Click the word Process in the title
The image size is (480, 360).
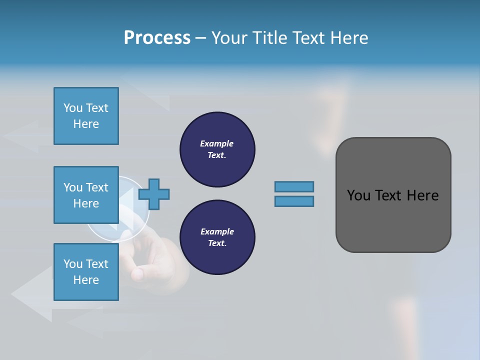point(157,38)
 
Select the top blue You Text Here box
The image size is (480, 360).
point(86,116)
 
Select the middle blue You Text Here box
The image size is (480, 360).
point(86,195)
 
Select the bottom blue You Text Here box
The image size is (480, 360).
point(86,272)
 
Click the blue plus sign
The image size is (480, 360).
point(154,194)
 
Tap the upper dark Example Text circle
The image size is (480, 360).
point(217,149)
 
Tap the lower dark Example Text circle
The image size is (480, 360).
point(217,237)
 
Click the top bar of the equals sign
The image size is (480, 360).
point(294,186)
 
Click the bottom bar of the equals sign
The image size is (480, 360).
point(294,201)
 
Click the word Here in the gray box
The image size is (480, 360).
point(422,195)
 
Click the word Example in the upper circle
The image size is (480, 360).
point(217,143)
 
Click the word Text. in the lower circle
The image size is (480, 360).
point(217,243)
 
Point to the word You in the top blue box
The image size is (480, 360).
point(72,108)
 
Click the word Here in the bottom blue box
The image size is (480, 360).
point(86,280)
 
